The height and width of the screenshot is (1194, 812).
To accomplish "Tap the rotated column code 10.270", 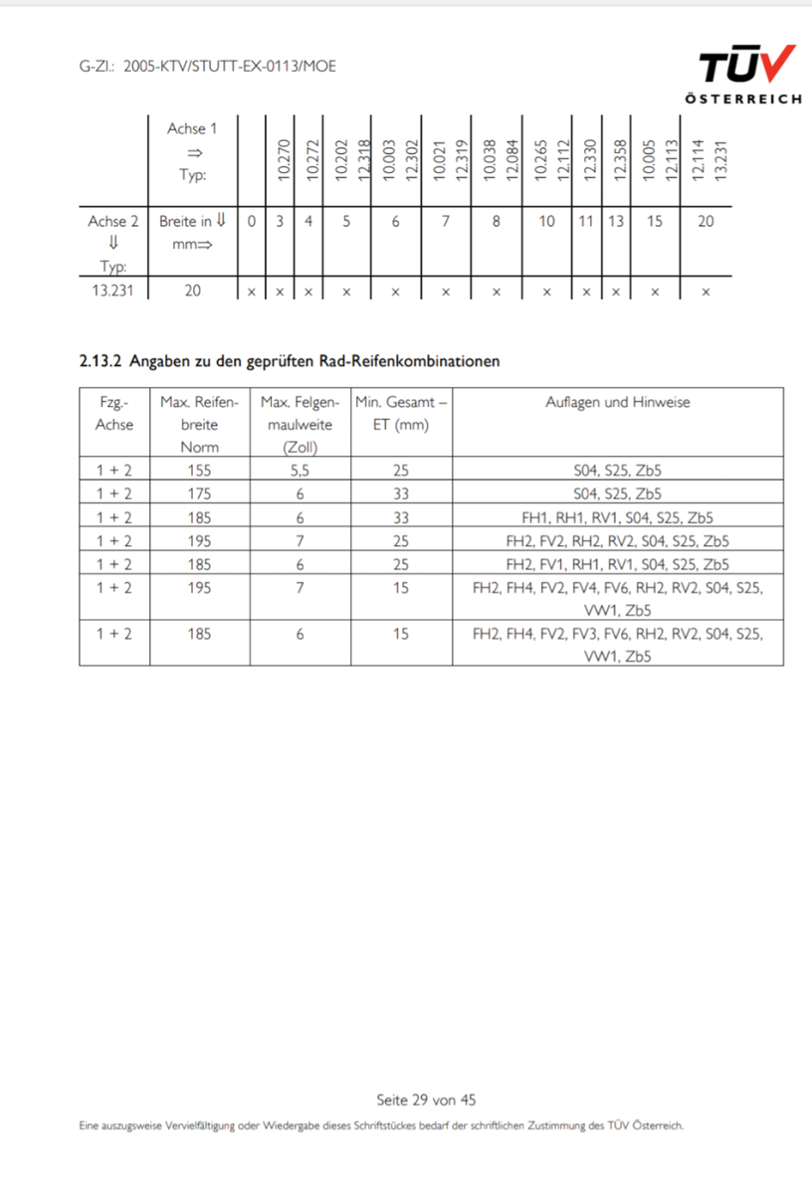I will tap(282, 159).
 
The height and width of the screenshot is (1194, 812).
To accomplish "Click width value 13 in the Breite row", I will tap(616, 221).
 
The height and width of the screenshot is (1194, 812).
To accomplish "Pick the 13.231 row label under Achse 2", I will tap(113, 292).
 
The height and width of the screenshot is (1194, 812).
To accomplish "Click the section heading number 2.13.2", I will tap(101, 361).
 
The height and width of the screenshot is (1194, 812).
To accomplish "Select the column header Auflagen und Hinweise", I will tap(617, 402).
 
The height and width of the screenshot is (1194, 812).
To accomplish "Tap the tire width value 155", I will tap(199, 471).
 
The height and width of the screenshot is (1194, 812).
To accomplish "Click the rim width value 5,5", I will tap(300, 471).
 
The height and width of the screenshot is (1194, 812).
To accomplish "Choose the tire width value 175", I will tap(199, 494).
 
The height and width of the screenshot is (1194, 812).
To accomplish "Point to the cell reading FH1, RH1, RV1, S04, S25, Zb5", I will tap(617, 517).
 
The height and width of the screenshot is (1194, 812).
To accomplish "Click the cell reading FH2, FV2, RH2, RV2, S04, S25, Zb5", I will tap(617, 541).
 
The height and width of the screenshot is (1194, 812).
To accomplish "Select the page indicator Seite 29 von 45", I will tap(426, 1099).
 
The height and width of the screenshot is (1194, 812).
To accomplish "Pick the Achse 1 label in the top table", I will tap(191, 128).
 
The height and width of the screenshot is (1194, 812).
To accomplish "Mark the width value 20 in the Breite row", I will tap(706, 221).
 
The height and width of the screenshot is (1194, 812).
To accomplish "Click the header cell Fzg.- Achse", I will tap(113, 413).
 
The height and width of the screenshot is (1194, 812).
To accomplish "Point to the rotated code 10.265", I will tap(541, 159).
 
